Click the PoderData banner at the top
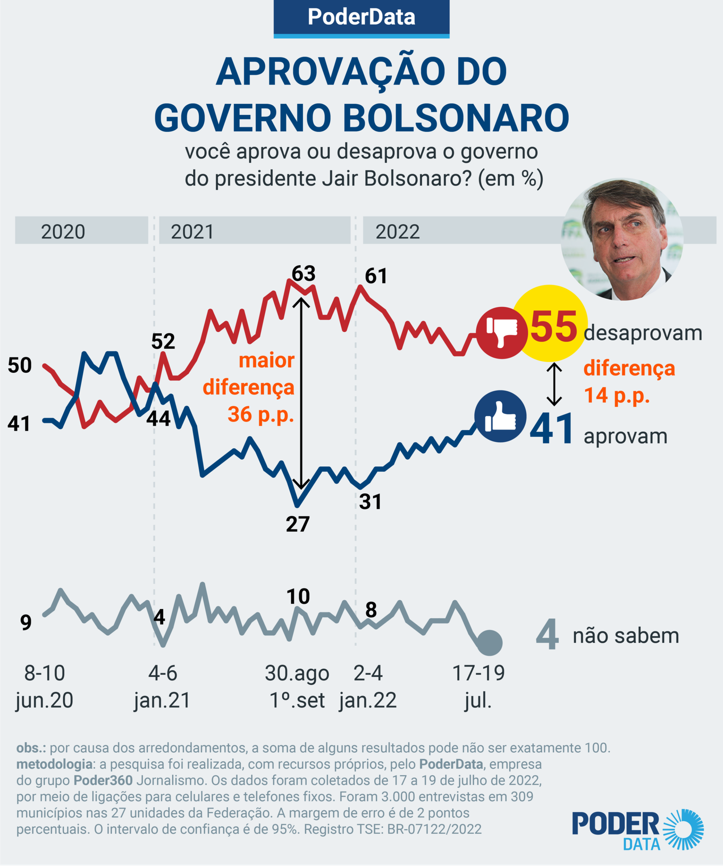(361, 18)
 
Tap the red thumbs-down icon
(501, 333)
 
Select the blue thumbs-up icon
(500, 416)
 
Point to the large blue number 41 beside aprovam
(552, 429)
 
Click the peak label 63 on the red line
(303, 274)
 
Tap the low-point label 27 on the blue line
(297, 524)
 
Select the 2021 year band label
(192, 231)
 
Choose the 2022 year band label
(398, 231)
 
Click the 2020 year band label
(63, 231)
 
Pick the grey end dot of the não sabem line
(489, 642)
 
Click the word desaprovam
(643, 333)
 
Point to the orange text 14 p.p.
(616, 395)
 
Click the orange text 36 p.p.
(260, 414)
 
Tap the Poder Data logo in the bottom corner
(638, 829)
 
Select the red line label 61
(376, 276)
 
